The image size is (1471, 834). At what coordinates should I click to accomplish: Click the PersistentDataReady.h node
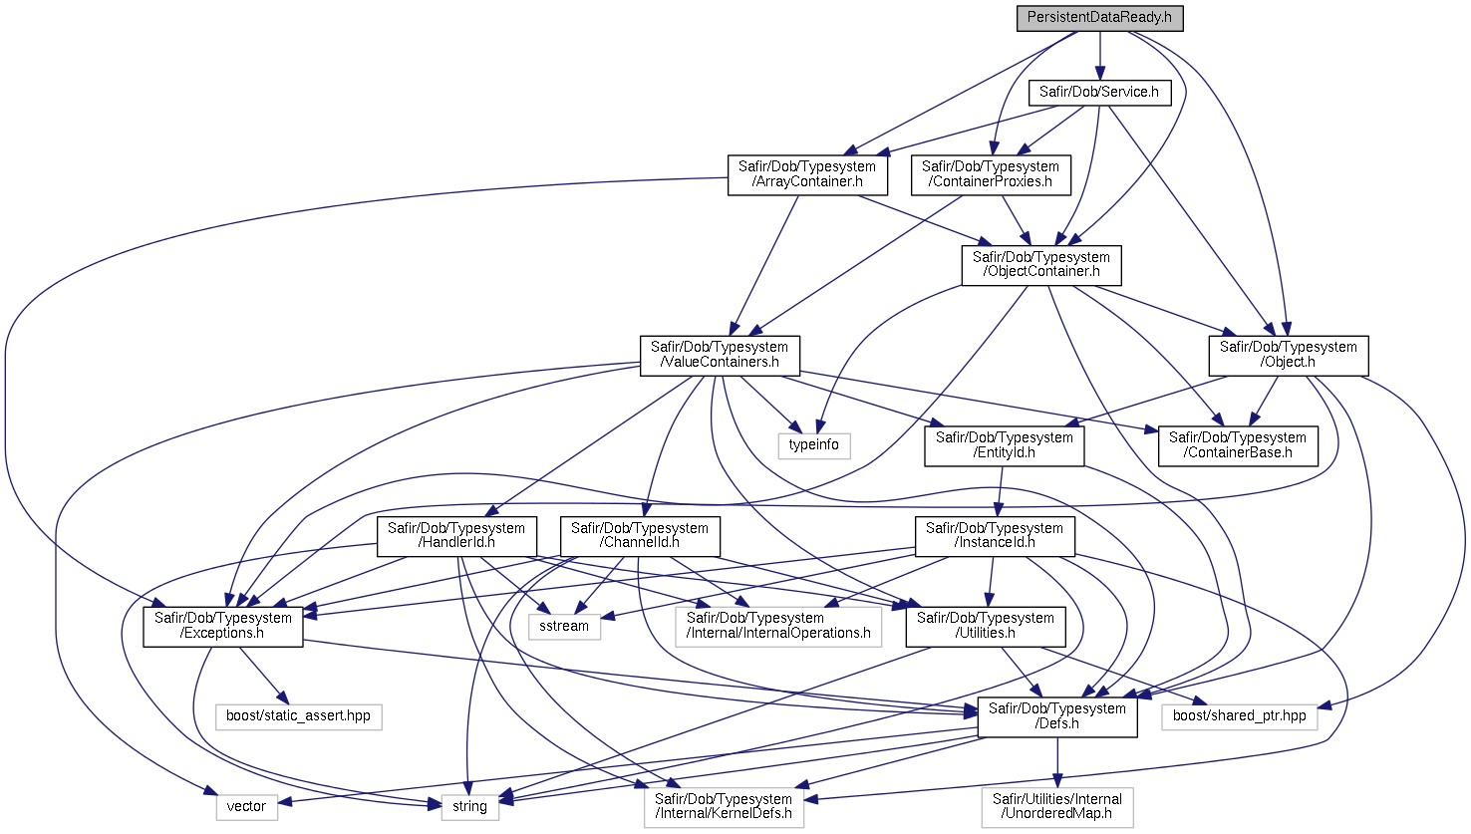[1099, 18]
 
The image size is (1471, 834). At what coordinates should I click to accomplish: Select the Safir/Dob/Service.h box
[1099, 92]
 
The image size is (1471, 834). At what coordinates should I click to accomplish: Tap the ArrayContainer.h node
[807, 174]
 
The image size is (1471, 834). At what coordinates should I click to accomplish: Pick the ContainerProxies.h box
[991, 174]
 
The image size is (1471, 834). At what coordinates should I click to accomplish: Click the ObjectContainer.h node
[1040, 265]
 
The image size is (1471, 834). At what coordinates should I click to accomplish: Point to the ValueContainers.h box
[720, 356]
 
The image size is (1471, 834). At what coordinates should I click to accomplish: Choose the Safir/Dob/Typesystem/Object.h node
[1289, 356]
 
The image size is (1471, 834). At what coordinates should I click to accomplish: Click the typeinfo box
[814, 445]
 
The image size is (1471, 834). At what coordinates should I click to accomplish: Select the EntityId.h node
[1005, 445]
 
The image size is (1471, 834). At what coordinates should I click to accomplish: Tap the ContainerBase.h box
[1238, 445]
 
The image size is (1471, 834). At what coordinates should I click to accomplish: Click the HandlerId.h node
[456, 536]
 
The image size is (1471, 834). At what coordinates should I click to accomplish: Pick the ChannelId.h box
[640, 536]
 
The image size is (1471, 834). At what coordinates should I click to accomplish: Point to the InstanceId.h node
[995, 536]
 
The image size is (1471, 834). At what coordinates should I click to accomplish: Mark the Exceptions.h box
[222, 627]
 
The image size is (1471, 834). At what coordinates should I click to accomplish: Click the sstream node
[564, 627]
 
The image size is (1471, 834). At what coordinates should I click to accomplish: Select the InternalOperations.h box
[778, 627]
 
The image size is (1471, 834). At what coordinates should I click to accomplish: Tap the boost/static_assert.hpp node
[298, 716]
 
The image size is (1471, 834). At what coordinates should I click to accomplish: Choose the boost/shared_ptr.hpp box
[1239, 716]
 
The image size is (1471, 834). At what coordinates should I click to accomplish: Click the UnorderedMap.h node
[1057, 807]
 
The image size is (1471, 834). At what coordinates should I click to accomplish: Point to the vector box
[246, 807]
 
